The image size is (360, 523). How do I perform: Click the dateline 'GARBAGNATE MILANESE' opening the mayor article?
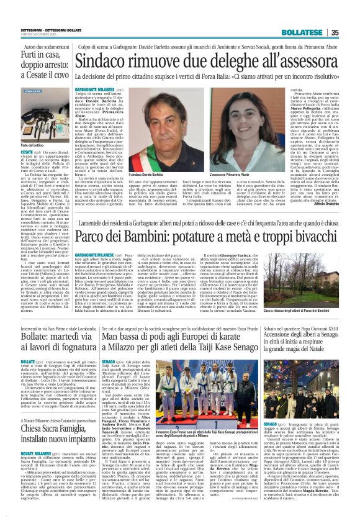click(x=96, y=89)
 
